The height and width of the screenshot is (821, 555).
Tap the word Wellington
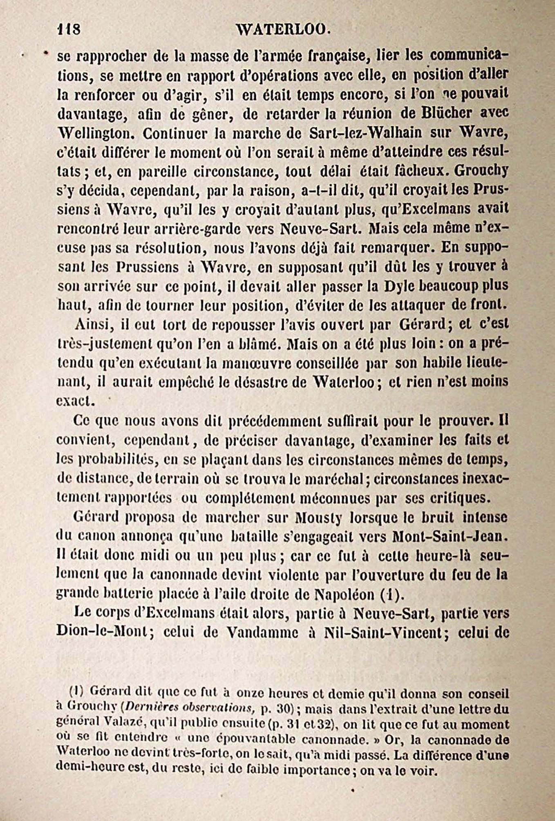96,133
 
